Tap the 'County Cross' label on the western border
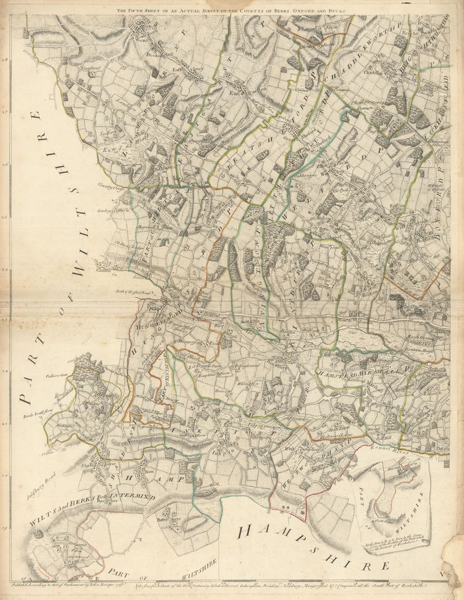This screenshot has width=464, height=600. pyautogui.click(x=108, y=185)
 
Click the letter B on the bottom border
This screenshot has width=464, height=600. pyautogui.click(x=97, y=578)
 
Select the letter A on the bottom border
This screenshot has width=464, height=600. pyautogui.click(x=31, y=578)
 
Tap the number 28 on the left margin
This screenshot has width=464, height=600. pyautogui.click(x=5, y=61)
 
